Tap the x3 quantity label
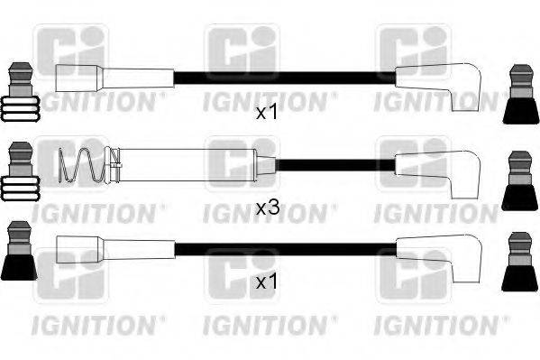pos(267,208)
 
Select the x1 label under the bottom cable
pos(267,283)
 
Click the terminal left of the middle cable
pos(20,175)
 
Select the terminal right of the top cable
pos(520,93)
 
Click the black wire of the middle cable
pos(334,165)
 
